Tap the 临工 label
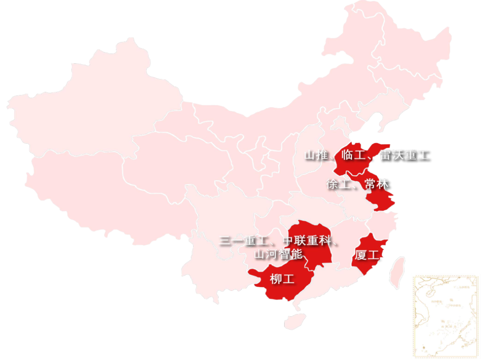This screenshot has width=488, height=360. point(352,156)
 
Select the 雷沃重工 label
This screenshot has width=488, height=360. point(405,156)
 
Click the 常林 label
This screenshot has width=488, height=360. point(377,184)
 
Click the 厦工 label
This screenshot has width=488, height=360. point(366,255)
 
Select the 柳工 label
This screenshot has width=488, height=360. point(282,279)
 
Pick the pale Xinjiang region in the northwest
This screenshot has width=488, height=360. point(90,104)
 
